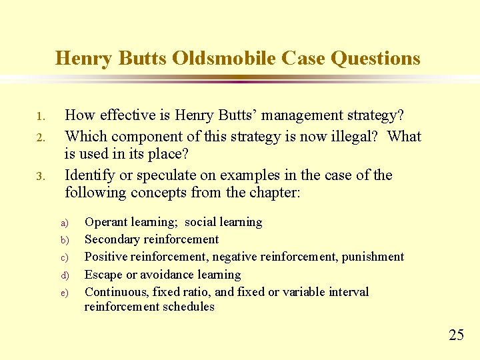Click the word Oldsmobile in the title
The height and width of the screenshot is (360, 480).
223,59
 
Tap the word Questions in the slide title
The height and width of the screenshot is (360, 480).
375,59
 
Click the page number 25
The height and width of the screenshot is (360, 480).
456,335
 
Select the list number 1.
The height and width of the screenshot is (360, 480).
39,117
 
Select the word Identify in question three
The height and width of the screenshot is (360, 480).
88,175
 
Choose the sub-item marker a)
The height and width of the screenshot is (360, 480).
65,223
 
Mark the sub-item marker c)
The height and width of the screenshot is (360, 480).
65,258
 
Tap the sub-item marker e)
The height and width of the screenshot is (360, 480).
65,293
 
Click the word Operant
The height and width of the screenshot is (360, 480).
107,222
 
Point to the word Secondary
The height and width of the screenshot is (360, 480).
112,239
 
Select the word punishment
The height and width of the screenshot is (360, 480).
372,257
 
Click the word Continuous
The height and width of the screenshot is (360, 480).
117,291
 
